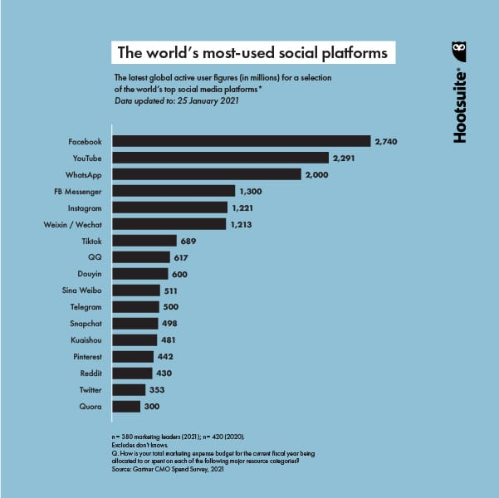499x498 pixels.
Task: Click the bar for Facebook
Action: click(241, 141)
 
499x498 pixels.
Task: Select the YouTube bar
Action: click(220, 158)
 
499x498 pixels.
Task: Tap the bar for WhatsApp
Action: click(206, 174)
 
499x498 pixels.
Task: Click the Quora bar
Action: click(126, 407)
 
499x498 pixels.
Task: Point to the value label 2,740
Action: click(387, 141)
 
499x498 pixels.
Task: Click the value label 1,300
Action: click(251, 191)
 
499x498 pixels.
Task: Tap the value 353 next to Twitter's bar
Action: click(157, 390)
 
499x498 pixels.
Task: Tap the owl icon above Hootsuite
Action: click(460, 52)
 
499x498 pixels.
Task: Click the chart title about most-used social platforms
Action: click(252, 52)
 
